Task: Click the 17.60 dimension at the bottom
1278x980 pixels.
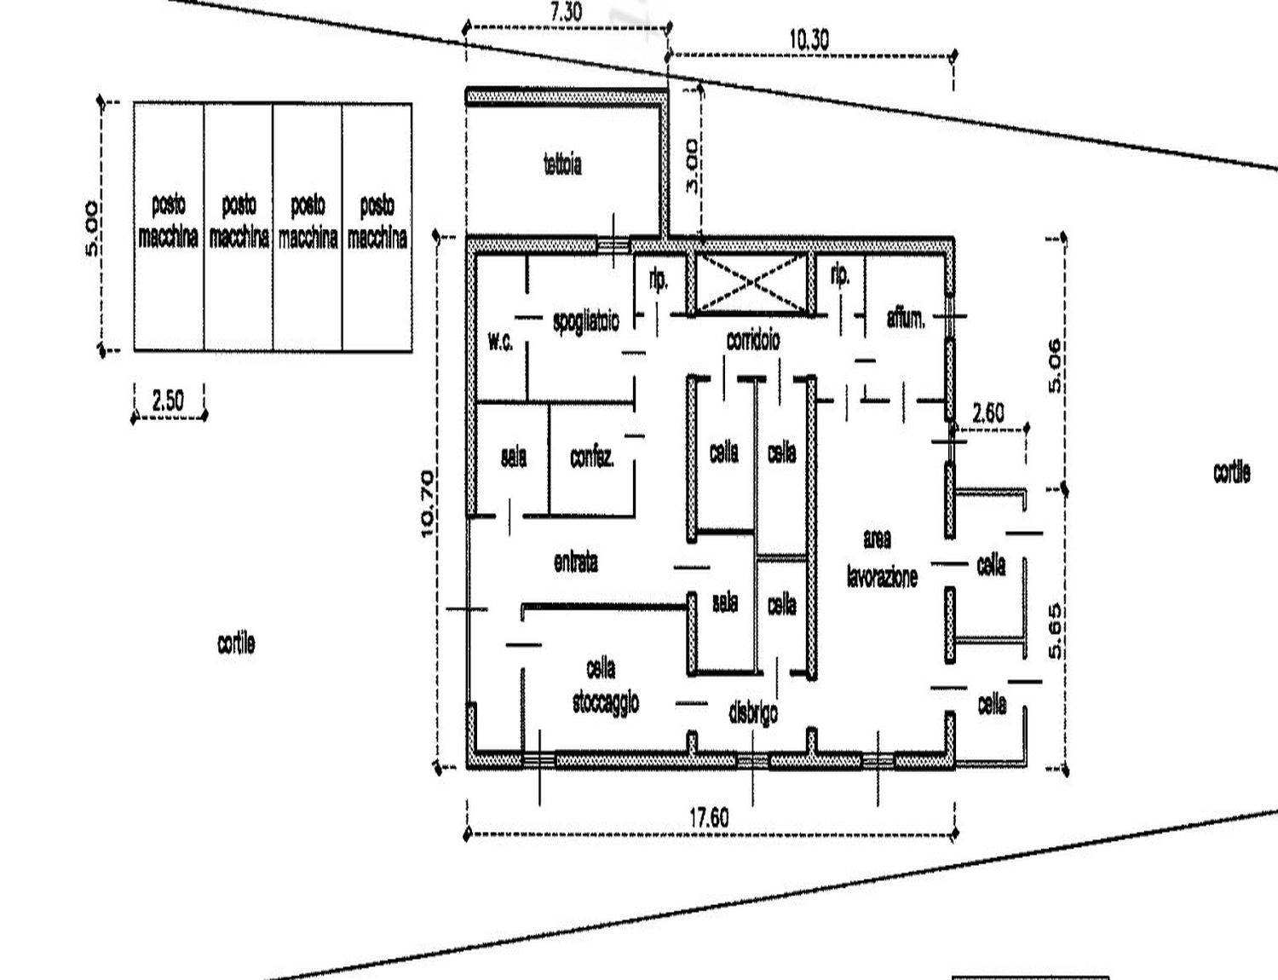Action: click(x=709, y=817)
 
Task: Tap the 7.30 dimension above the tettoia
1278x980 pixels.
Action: click(x=566, y=13)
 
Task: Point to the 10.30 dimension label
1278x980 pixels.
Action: click(x=809, y=40)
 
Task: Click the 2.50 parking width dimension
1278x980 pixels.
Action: click(x=168, y=401)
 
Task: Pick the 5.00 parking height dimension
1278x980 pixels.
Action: click(x=92, y=229)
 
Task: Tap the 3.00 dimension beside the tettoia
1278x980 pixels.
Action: click(x=692, y=166)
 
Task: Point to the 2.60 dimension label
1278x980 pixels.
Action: click(x=988, y=413)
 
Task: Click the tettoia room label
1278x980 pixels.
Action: click(x=563, y=164)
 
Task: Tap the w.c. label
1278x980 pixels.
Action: click(x=500, y=342)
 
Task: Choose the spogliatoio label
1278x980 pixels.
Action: click(x=586, y=322)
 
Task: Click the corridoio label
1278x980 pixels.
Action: click(x=753, y=340)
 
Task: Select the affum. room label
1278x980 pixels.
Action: click(x=907, y=319)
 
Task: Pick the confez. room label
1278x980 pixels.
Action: click(x=592, y=457)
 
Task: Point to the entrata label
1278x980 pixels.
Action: click(x=576, y=563)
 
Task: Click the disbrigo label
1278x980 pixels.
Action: click(x=753, y=712)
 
